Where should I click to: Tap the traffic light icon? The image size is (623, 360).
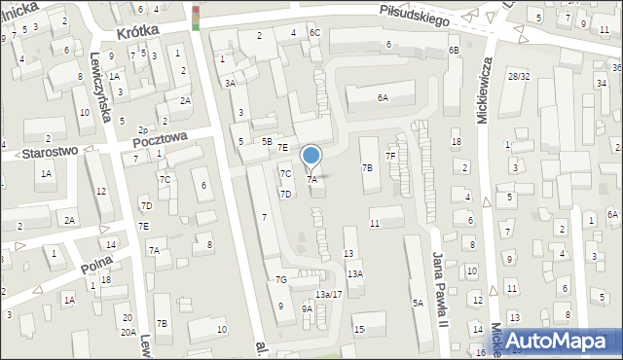click(196, 18)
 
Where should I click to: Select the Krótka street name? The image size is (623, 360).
click(136, 32)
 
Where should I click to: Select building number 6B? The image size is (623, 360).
click(454, 50)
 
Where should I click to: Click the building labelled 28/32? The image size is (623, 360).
click(517, 76)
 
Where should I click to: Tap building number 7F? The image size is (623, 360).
click(390, 156)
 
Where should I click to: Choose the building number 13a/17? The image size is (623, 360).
click(328, 294)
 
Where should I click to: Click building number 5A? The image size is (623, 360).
click(417, 304)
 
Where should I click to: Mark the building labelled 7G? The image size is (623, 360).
click(280, 280)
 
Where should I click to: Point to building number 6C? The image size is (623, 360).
click(314, 33)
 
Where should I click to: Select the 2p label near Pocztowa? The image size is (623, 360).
click(142, 129)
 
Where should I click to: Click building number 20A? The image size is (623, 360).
click(128, 332)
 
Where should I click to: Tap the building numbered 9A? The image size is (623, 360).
click(307, 308)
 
